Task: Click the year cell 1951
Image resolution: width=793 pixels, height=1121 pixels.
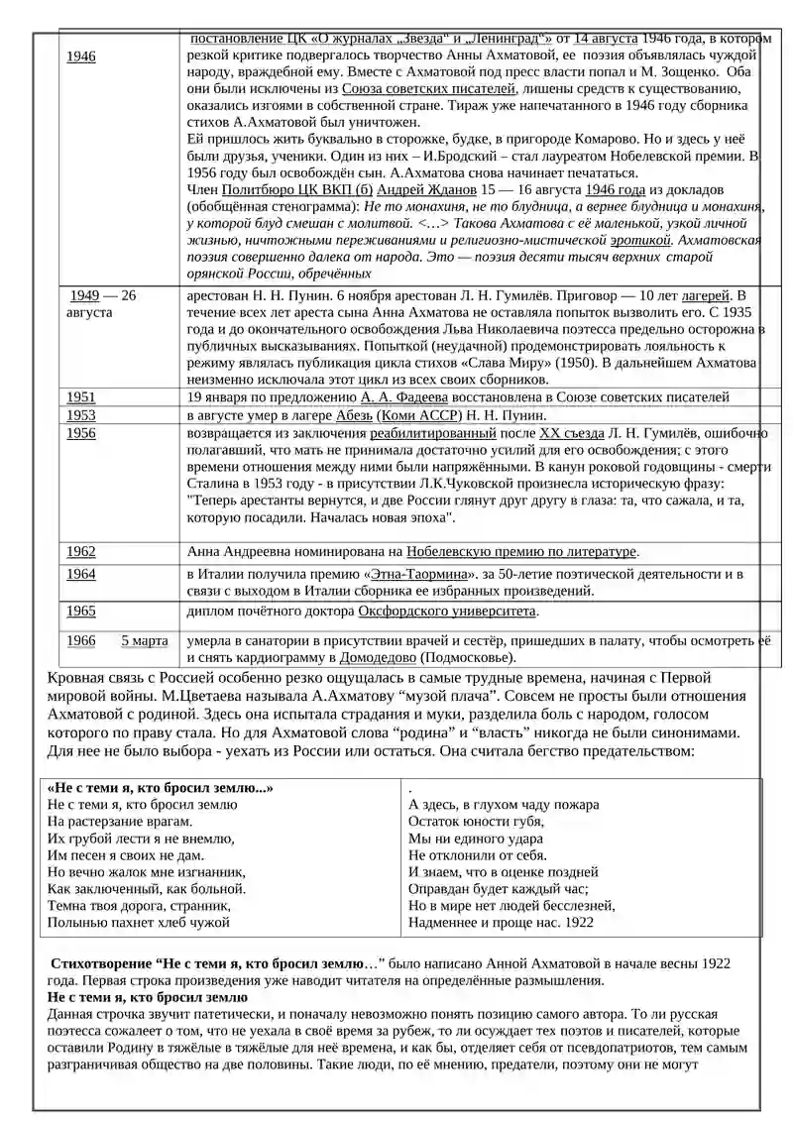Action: (x=81, y=397)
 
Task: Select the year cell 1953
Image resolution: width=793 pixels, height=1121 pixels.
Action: (x=81, y=415)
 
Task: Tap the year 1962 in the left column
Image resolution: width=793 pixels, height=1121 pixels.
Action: (x=81, y=551)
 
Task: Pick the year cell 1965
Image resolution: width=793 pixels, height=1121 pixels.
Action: (x=81, y=612)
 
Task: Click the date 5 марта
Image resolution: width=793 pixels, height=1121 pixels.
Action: (x=145, y=640)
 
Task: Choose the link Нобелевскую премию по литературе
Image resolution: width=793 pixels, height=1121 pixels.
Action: (x=520, y=551)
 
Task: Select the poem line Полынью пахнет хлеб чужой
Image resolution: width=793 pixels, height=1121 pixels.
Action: (x=139, y=923)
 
